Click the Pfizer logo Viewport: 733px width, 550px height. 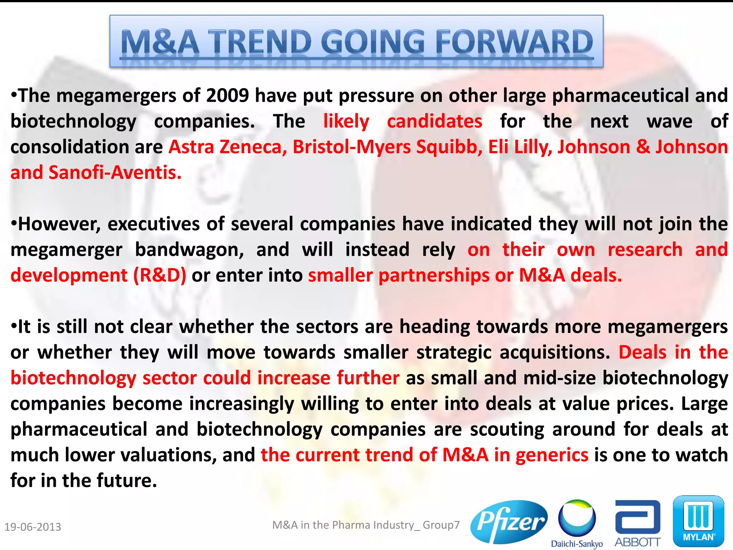pyautogui.click(x=509, y=522)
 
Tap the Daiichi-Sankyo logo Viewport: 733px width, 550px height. pyautogui.click(x=577, y=523)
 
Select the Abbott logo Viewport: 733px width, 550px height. pyautogui.click(x=637, y=523)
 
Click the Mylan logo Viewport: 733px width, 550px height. pyautogui.click(x=698, y=521)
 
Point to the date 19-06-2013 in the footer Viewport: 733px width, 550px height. pyautogui.click(x=33, y=527)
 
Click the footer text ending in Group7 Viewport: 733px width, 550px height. pyautogui.click(x=366, y=525)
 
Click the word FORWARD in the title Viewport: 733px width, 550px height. pyautogui.click(x=514, y=42)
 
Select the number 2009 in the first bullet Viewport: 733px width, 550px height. pyautogui.click(x=227, y=96)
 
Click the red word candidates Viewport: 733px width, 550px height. pyautogui.click(x=435, y=121)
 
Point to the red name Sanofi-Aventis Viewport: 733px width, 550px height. pyautogui.click(x=115, y=173)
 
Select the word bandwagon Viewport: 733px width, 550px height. pyautogui.click(x=189, y=250)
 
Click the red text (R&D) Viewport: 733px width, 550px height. pyautogui.click(x=160, y=275)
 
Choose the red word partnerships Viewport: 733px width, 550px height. pyautogui.click(x=434, y=275)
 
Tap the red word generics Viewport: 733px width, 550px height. pyautogui.click(x=552, y=455)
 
